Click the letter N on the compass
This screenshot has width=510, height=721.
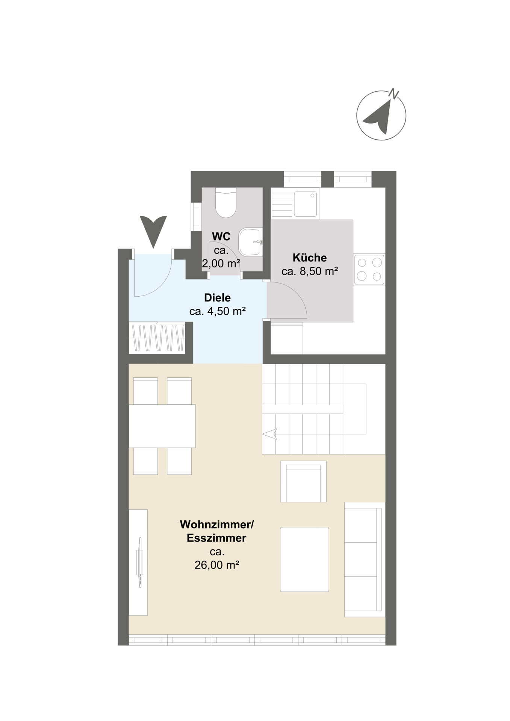(x=393, y=94)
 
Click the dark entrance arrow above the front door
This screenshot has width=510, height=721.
(x=153, y=230)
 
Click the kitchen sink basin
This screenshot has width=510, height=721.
(x=305, y=204)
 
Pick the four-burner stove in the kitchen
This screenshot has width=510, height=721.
(x=369, y=269)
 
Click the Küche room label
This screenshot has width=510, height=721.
(x=310, y=258)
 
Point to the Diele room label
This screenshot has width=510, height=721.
(x=217, y=298)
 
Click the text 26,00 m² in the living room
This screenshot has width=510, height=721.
(x=217, y=565)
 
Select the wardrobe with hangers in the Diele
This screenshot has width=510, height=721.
(x=157, y=338)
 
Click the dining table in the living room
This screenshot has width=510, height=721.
(x=162, y=426)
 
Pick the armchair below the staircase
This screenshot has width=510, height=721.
(x=303, y=482)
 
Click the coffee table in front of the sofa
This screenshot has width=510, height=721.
(x=304, y=559)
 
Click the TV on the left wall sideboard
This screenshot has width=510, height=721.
(x=140, y=562)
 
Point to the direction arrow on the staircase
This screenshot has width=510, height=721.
(x=270, y=434)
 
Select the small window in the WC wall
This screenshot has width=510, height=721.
(x=196, y=217)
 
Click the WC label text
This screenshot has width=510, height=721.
(x=221, y=237)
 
